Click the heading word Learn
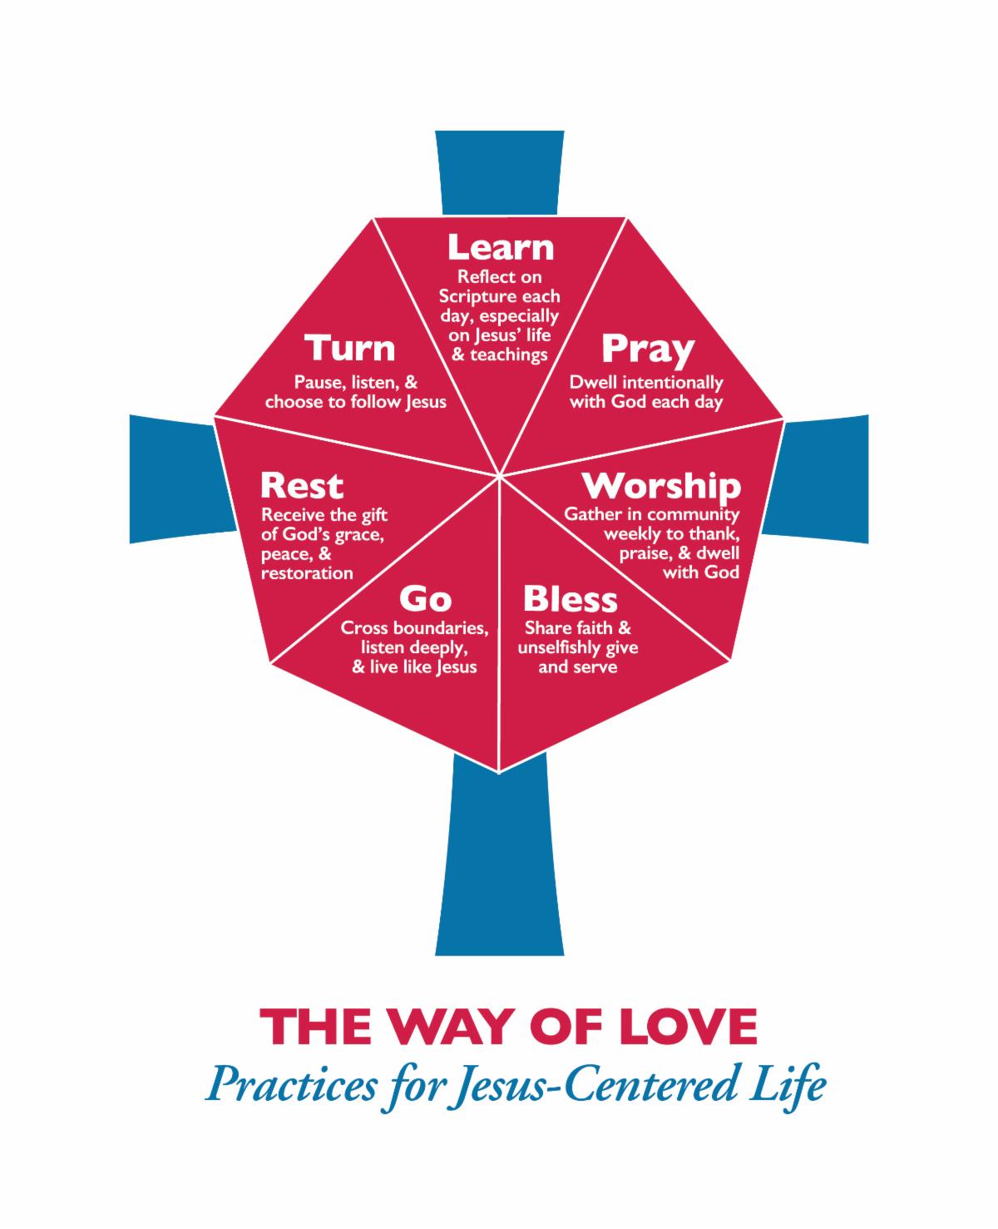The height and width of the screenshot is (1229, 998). (x=500, y=247)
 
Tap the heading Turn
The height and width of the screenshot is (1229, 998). (x=350, y=348)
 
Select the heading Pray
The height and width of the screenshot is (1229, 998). (x=647, y=349)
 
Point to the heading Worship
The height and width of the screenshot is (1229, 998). (x=660, y=486)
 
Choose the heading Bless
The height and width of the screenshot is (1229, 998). (x=570, y=599)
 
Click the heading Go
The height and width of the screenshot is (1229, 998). (x=425, y=598)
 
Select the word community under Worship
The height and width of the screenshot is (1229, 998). (x=695, y=514)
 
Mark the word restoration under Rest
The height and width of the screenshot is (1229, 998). (x=306, y=573)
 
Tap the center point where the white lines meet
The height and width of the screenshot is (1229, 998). (x=500, y=476)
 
